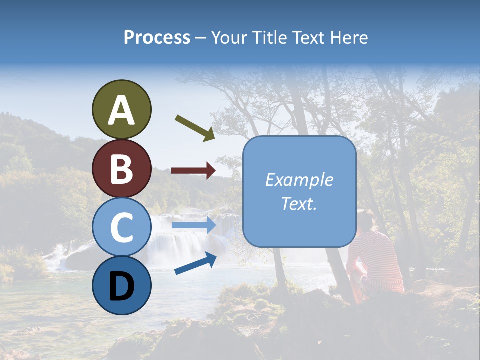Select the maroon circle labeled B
point(121,168)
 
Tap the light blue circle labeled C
point(121,227)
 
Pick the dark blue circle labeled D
point(121,285)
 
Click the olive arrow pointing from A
point(195,128)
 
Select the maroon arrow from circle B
point(193,171)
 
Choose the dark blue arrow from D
point(195,264)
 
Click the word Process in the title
point(157,37)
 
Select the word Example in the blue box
point(299,180)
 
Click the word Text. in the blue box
point(299,204)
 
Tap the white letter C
point(121,227)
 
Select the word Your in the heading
point(230,37)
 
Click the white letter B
point(121,169)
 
